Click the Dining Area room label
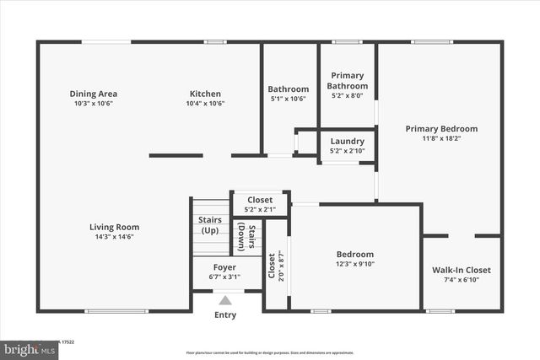(x=93, y=94)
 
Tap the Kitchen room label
(x=205, y=94)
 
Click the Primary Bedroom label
(x=441, y=129)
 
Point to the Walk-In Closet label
(x=462, y=270)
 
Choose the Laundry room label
(x=347, y=141)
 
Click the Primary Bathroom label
(x=348, y=81)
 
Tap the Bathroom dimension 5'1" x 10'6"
(x=289, y=99)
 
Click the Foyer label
(x=224, y=266)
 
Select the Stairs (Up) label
(x=209, y=225)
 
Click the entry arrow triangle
(x=225, y=298)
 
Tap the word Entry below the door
(x=225, y=315)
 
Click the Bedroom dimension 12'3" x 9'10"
(x=355, y=264)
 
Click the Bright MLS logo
(x=27, y=348)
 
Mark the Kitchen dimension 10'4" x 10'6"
(x=205, y=104)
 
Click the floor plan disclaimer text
(x=270, y=352)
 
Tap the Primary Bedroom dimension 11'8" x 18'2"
(x=441, y=139)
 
